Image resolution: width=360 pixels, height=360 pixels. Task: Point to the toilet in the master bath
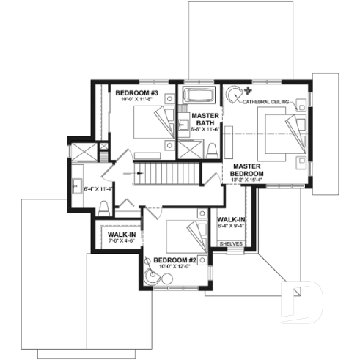(x=212, y=150)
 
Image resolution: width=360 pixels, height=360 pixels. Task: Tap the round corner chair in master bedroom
(x=234, y=95)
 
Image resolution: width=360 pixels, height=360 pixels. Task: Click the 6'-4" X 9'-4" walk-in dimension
(x=229, y=226)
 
